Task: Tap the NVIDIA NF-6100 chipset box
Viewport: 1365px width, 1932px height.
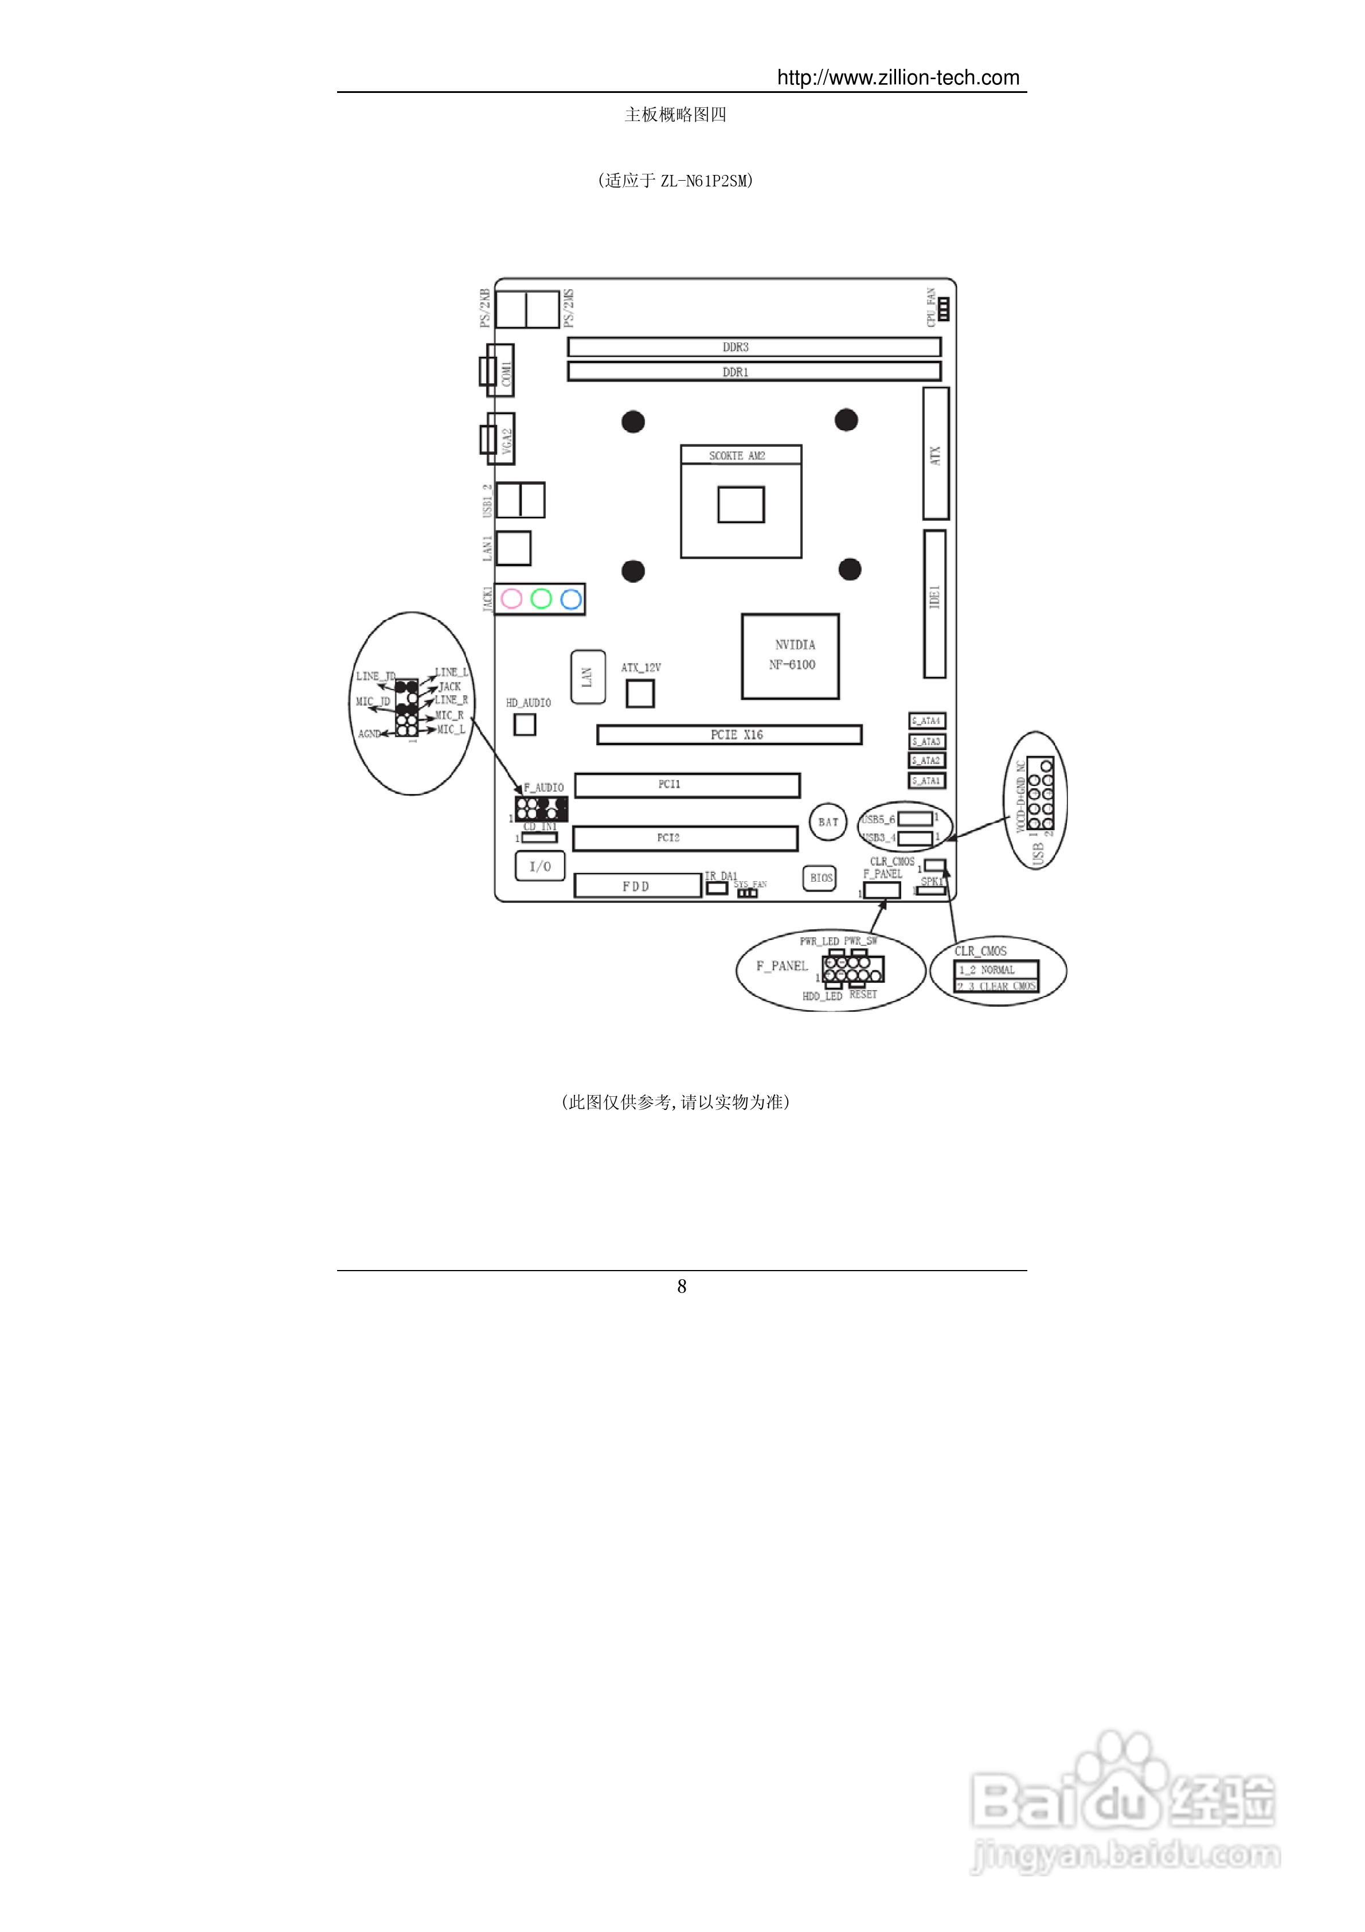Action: tap(790, 656)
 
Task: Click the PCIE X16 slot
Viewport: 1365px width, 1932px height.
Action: tap(729, 735)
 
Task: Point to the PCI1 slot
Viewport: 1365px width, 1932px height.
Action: tap(687, 785)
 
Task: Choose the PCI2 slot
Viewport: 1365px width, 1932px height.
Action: tap(685, 838)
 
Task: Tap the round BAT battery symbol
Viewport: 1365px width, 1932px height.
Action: tap(828, 822)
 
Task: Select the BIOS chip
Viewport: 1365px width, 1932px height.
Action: tap(820, 878)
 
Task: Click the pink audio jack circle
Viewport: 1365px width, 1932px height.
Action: tap(511, 598)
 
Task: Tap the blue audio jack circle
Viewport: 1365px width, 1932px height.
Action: tap(571, 599)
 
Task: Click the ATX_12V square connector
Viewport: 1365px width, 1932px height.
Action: tap(640, 694)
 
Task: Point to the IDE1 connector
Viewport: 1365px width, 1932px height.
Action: tap(934, 603)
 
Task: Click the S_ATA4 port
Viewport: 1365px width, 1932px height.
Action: tap(927, 721)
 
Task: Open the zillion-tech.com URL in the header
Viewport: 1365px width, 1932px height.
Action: tap(897, 77)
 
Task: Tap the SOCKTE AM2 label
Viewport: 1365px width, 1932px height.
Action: tap(738, 455)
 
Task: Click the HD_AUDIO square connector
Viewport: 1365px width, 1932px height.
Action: tap(525, 724)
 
